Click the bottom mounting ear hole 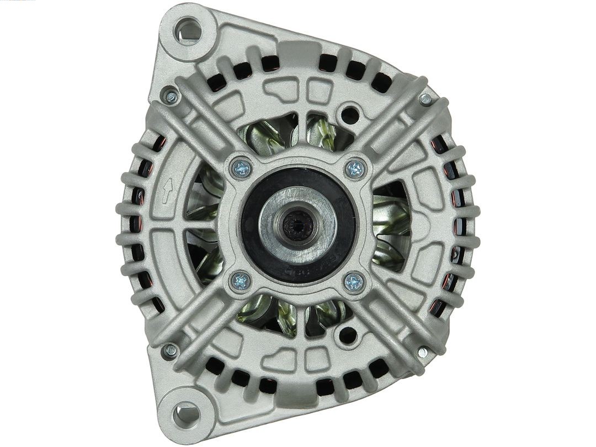[x=185, y=413]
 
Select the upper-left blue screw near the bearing [x=241, y=168]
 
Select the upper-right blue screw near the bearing [x=355, y=169]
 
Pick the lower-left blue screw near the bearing [x=241, y=281]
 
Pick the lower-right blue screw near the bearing [x=354, y=283]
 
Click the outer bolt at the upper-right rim [x=425, y=99]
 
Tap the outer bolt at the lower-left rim [x=171, y=350]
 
